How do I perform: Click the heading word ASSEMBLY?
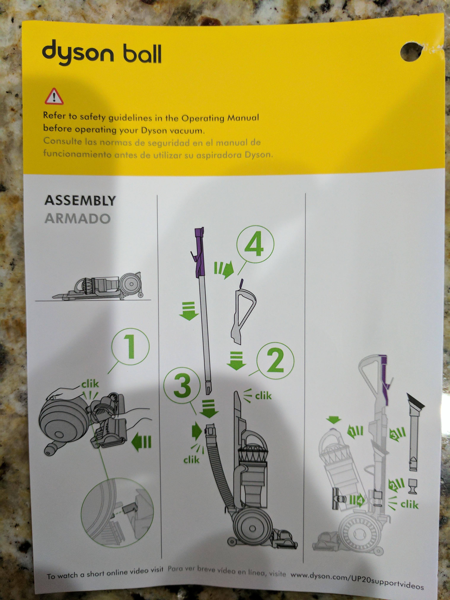(x=80, y=201)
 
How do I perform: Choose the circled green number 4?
(x=255, y=245)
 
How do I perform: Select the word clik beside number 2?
(x=263, y=396)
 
